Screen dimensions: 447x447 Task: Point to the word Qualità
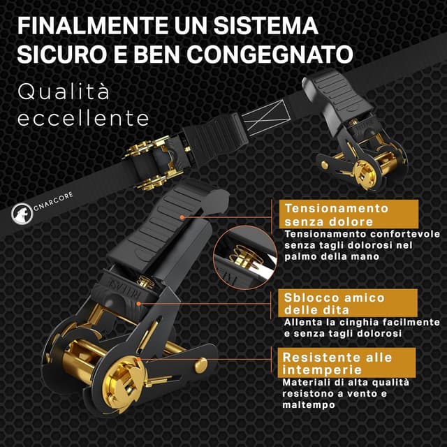[64, 91]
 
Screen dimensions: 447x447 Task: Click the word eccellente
[83, 118]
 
